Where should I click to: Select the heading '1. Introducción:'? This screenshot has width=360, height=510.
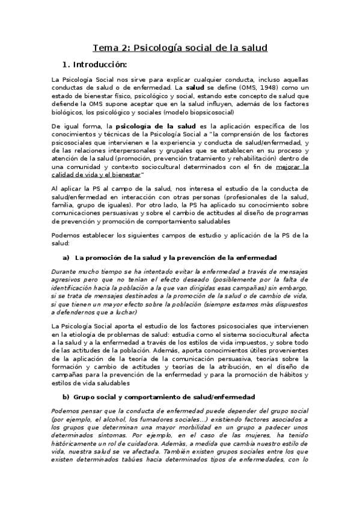click(95, 64)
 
